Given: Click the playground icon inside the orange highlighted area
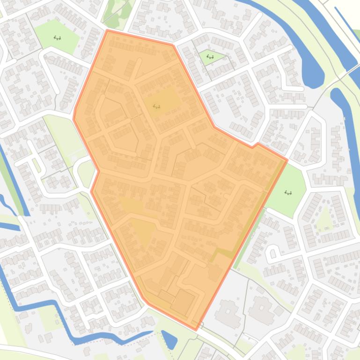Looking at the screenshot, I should click(x=156, y=107).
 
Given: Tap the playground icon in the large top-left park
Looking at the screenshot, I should click(x=57, y=38).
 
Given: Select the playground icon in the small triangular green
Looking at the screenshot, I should click(x=210, y=57).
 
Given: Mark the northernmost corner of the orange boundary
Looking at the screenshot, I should click(x=108, y=31).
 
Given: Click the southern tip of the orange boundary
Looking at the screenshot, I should click(x=196, y=329).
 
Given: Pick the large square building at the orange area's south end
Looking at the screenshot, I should click(x=183, y=302).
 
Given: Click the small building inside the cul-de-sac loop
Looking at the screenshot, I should click(x=272, y=254).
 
